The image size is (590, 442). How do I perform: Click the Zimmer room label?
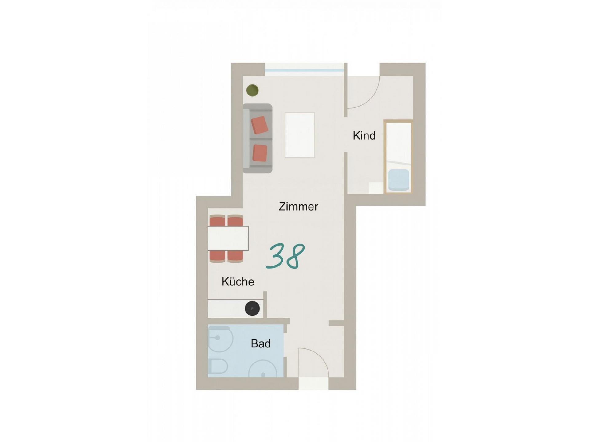pos(298,207)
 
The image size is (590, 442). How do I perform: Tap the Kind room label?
pos(364,135)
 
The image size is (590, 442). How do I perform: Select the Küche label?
pos(238,281)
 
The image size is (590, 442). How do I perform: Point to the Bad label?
pos(261,343)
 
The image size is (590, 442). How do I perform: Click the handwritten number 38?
pos(285,257)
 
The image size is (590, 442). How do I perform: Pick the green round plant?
pos(252,90)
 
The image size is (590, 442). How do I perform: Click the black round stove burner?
pos(252,308)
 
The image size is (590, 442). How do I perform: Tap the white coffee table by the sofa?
pos(300,135)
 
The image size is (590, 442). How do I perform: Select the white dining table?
pos(228,238)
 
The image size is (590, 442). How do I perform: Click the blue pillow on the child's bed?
pos(399,180)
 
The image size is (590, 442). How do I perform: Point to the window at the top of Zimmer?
pos(304,70)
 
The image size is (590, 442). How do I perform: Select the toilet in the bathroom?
pos(218,366)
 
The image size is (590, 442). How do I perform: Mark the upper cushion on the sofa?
pos(260,125)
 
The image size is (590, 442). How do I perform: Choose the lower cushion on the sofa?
pos(260,153)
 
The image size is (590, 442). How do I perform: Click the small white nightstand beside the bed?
pos(376,188)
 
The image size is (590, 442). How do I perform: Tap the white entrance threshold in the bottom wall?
pos(313,383)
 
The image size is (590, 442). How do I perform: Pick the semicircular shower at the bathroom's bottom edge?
pos(262,370)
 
